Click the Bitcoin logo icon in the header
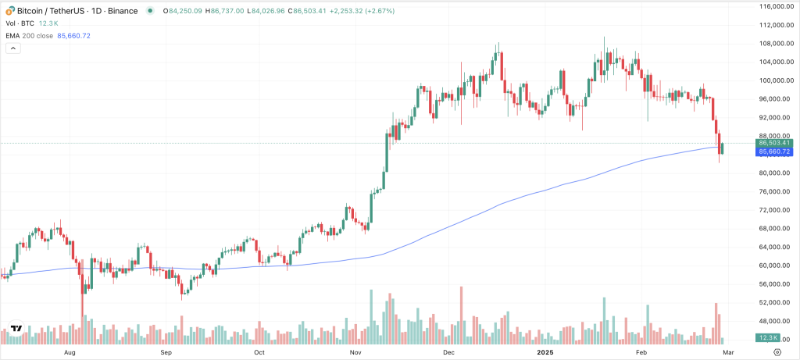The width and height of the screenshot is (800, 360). tap(9, 11)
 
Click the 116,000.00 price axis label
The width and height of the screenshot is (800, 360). tap(777, 6)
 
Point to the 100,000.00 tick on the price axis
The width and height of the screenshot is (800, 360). tap(777, 80)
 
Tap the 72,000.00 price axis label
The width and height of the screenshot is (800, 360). tap(777, 210)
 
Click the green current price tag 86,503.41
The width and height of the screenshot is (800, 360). tap(775, 144)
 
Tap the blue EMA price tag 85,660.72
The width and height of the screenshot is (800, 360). tap(775, 151)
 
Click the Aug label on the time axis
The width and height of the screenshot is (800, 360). tap(70, 353)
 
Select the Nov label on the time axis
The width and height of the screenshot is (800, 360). tap(355, 353)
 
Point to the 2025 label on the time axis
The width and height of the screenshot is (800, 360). tap(546, 353)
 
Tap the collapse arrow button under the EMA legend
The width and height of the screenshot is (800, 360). tap(12, 48)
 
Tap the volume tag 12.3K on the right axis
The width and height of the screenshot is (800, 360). tap(766, 337)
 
